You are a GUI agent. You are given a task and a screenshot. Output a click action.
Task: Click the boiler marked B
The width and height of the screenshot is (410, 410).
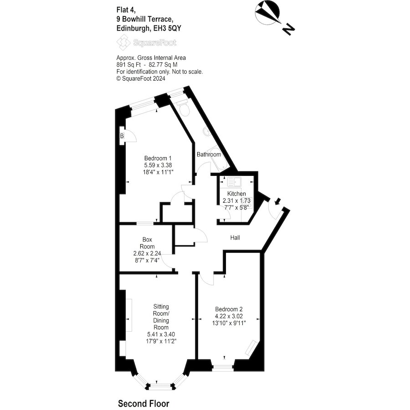click(122, 136)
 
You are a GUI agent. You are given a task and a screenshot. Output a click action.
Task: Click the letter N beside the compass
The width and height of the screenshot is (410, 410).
click(288, 29)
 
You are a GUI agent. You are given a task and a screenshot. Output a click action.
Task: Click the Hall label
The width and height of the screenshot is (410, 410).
click(235, 238)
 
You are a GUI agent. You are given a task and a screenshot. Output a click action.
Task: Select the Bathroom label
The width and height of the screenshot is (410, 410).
click(209, 154)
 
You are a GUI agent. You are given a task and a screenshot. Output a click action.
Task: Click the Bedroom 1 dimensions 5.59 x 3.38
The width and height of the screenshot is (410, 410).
click(158, 165)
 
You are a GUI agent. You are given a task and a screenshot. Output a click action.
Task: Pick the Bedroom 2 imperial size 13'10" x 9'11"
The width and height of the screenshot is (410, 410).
click(229, 323)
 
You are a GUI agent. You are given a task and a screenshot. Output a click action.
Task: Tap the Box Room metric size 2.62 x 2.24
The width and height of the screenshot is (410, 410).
click(147, 253)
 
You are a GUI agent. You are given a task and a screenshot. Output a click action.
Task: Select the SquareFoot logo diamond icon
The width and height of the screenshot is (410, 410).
click(123, 43)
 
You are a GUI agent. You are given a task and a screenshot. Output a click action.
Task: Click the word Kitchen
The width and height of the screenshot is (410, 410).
click(236, 194)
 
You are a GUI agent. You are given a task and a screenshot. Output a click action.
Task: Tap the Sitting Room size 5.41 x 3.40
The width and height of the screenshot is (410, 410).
click(161, 334)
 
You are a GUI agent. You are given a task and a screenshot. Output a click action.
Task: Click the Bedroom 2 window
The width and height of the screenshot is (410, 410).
click(222, 368)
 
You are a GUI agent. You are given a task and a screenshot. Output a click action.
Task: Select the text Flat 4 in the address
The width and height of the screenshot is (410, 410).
click(126, 10)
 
